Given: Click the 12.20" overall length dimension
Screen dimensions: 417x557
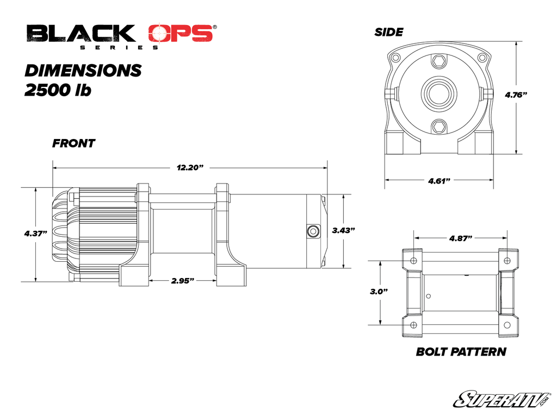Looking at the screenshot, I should (189, 168).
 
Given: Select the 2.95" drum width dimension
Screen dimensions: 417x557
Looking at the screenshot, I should (183, 281).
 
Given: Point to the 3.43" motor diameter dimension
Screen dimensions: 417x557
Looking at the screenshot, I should (343, 230).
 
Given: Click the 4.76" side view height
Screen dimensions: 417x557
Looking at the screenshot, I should (516, 94).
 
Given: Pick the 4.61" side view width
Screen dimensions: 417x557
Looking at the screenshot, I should (438, 180).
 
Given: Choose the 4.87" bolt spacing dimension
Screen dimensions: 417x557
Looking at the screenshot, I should (460, 238).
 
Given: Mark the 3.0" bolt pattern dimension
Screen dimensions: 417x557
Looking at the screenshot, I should (379, 292).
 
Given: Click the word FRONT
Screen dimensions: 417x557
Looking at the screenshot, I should (73, 144).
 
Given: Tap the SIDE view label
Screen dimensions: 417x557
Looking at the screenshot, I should (388, 33).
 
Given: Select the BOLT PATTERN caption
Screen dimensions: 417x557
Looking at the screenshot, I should (461, 352).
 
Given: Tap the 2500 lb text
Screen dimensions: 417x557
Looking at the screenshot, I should (58, 90).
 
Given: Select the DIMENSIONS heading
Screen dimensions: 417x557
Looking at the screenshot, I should (83, 71).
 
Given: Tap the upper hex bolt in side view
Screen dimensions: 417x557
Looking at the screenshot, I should (438, 64).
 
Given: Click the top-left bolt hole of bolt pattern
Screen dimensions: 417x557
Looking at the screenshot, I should (413, 260).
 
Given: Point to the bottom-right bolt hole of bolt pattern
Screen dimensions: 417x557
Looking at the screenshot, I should (507, 325).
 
